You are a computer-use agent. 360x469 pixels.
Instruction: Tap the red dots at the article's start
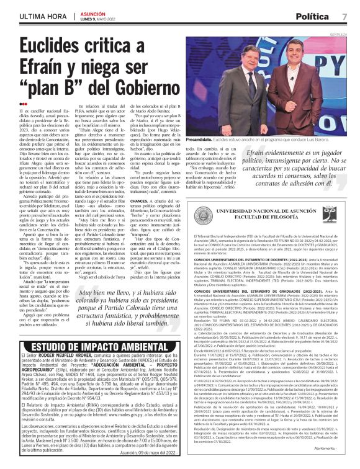pos(24,104)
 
